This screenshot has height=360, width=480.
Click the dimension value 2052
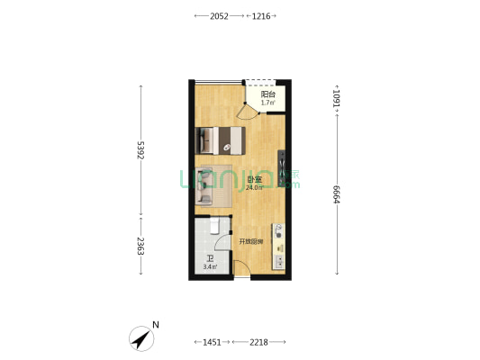point(219,16)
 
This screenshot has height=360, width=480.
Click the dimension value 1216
point(261,16)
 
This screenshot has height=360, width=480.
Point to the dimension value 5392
point(140,150)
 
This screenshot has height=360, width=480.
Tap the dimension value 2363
point(140,246)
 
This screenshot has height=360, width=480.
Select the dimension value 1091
point(337,98)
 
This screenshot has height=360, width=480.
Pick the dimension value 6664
point(337,194)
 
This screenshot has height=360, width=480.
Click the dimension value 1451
point(212,342)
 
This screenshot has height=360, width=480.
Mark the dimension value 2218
point(258,342)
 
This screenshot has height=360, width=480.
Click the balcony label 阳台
point(267,94)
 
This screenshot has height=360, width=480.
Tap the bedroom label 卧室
point(254,180)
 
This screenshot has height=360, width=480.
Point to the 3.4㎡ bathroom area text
point(210,266)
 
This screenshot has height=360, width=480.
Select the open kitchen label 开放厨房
point(250,242)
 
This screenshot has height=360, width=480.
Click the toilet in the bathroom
point(214,225)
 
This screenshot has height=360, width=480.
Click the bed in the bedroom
point(220,140)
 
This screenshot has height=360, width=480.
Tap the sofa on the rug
point(204,185)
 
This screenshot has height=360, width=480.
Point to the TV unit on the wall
point(281,168)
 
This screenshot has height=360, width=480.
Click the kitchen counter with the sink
point(278,247)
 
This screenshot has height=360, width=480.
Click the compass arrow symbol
point(141,338)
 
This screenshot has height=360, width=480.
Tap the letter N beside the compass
point(156,325)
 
